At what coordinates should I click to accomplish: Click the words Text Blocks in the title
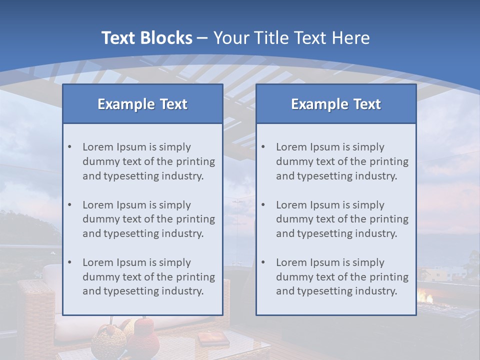(x=146, y=38)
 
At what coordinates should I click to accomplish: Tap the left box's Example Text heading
(x=142, y=104)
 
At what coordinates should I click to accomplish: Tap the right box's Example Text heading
(x=336, y=104)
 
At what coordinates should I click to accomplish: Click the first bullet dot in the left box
(x=69, y=147)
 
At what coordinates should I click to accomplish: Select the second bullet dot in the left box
(x=69, y=205)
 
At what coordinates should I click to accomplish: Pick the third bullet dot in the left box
(x=69, y=262)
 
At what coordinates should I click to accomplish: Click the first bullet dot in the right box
(x=263, y=147)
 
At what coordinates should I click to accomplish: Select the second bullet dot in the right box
(x=263, y=205)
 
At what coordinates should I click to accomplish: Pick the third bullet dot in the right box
(x=263, y=262)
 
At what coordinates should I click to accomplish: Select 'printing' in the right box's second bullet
(x=389, y=219)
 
